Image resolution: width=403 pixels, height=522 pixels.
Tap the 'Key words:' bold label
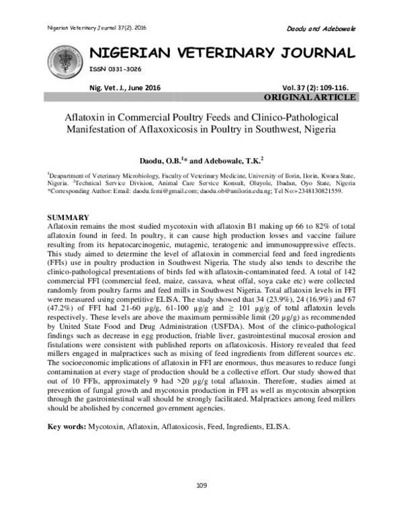coord(66,427)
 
